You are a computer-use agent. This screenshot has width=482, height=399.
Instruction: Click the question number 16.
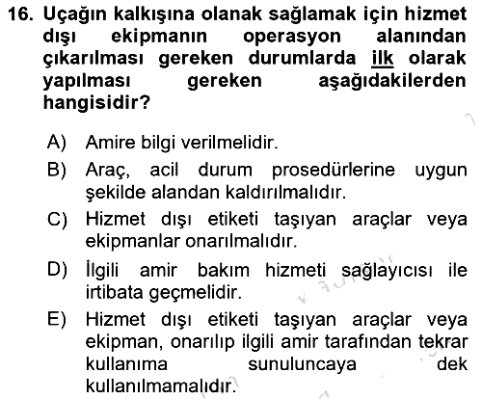click(x=20, y=14)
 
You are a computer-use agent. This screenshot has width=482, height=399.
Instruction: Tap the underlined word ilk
click(x=383, y=59)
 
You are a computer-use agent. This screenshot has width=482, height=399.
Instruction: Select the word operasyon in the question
click(x=292, y=38)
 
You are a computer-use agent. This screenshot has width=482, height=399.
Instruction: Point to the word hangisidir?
click(x=96, y=104)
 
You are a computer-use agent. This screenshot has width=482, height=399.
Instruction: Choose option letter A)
click(x=57, y=142)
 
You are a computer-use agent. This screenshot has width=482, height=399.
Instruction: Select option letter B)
click(x=57, y=170)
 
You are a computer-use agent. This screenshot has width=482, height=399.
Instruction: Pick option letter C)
click(x=57, y=220)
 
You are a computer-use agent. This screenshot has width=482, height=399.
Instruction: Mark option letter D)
click(x=57, y=269)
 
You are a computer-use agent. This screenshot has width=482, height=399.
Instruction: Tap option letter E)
click(x=57, y=319)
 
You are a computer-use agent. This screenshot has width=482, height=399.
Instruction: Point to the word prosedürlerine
click(x=334, y=171)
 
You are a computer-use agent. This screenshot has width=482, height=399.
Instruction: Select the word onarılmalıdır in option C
click(x=241, y=242)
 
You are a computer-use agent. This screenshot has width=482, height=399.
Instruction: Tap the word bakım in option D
click(x=224, y=270)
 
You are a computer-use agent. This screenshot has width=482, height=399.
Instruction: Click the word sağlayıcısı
click(x=387, y=271)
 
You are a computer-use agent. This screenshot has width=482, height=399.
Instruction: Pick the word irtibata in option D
click(x=114, y=292)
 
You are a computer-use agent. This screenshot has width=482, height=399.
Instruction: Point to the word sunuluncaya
click(x=302, y=364)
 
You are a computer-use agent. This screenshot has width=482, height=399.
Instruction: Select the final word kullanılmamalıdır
click(x=161, y=386)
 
